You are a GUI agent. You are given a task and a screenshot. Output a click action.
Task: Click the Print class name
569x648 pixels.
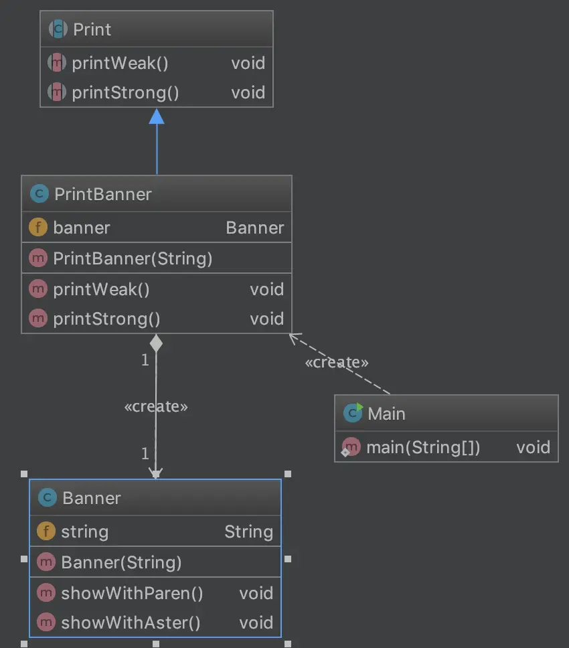(92, 29)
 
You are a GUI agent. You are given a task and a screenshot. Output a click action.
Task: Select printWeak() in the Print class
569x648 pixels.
(120, 63)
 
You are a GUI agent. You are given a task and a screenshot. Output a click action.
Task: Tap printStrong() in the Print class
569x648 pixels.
(125, 92)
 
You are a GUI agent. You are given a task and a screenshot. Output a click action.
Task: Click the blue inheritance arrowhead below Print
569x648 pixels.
(157, 116)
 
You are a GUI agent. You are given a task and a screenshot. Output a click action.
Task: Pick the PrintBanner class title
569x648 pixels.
(102, 194)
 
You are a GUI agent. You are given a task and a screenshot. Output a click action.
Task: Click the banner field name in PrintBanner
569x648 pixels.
(82, 228)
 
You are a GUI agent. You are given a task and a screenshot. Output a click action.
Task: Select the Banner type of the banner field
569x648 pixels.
(254, 228)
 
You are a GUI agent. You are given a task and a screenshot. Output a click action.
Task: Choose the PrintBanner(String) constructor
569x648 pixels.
(133, 258)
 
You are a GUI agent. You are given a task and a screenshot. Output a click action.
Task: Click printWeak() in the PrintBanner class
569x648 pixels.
(101, 289)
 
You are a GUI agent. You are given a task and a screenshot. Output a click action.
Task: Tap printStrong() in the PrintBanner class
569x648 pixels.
(106, 319)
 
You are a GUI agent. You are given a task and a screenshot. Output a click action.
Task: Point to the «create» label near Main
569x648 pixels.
(336, 362)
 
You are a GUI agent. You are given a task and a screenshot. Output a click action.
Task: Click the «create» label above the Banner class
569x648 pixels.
(156, 406)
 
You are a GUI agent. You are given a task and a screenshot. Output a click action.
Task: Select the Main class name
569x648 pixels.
(386, 414)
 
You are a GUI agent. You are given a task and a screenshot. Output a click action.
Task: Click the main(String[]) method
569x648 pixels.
(423, 447)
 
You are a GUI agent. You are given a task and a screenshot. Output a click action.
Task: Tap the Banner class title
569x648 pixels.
(91, 498)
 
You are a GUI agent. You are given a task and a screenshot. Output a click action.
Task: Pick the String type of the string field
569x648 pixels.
(248, 532)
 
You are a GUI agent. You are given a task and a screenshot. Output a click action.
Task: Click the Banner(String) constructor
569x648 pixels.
(121, 562)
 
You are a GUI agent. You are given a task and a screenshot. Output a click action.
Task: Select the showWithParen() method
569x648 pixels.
(132, 593)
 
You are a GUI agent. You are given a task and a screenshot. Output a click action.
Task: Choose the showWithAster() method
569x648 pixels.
(131, 623)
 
